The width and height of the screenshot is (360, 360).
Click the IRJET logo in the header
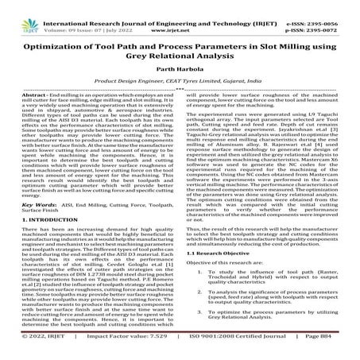(x=24, y=14)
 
